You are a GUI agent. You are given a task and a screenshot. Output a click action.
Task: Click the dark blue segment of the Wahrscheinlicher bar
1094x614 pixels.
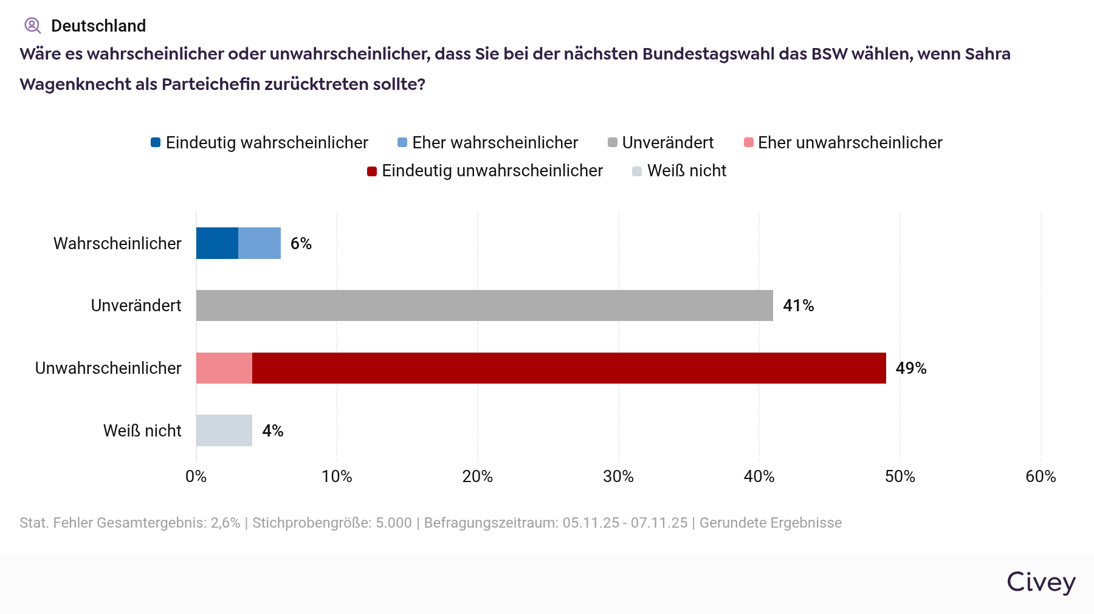click(x=217, y=243)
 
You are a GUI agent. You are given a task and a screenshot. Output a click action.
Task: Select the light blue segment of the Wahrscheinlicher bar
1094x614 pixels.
click(x=260, y=243)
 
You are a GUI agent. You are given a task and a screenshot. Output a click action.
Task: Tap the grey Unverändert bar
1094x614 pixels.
click(x=484, y=305)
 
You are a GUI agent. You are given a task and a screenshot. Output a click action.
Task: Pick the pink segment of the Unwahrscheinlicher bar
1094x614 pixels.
click(x=224, y=368)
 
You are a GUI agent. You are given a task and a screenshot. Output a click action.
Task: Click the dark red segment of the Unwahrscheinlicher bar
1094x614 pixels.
click(x=569, y=368)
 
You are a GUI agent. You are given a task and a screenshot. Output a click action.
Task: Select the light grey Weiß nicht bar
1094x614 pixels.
click(x=224, y=430)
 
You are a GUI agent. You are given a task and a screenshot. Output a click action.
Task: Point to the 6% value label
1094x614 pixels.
click(x=301, y=244)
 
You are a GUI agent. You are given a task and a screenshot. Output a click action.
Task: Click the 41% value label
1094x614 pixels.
click(x=798, y=306)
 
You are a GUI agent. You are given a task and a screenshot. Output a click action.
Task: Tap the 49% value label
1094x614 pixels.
click(x=910, y=368)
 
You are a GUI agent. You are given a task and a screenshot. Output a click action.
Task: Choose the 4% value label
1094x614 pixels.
click(x=273, y=431)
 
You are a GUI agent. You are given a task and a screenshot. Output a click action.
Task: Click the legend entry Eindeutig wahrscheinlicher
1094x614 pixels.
click(x=260, y=143)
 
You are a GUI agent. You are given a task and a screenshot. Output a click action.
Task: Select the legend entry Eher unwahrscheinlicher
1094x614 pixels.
click(x=843, y=143)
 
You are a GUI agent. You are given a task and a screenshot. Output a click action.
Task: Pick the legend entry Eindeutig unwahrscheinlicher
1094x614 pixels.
click(x=485, y=171)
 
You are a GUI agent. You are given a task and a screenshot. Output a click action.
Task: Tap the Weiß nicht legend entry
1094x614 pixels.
click(x=679, y=171)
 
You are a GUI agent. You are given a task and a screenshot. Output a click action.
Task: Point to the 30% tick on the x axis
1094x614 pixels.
click(x=618, y=477)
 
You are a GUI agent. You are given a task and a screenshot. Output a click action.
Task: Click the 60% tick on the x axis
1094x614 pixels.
click(x=1041, y=477)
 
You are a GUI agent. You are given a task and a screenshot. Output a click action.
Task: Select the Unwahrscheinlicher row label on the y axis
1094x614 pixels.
click(x=108, y=368)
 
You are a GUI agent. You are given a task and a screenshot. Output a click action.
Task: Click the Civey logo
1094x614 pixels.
click(x=1041, y=582)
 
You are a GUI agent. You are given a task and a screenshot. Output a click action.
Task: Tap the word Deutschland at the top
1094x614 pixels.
click(x=98, y=26)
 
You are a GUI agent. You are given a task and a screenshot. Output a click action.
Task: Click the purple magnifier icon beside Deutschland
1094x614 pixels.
click(x=32, y=26)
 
